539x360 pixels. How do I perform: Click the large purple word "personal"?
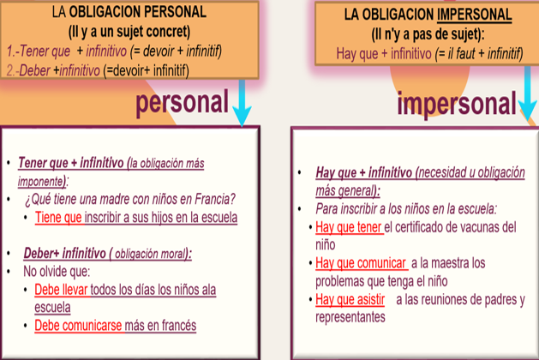(x=182, y=103)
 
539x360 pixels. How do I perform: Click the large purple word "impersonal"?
(x=457, y=104)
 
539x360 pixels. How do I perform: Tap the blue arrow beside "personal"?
(x=242, y=103)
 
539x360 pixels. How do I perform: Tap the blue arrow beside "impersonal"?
(x=528, y=94)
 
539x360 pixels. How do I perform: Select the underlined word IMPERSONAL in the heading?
(x=475, y=15)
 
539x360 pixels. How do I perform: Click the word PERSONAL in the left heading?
(x=175, y=12)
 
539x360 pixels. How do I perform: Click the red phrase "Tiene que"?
(x=58, y=218)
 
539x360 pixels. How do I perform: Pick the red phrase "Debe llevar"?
(x=61, y=290)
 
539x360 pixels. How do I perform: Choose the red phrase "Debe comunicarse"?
(x=78, y=325)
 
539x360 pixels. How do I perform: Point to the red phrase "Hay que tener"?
(x=349, y=227)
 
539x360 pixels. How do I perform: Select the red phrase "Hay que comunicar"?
(x=361, y=263)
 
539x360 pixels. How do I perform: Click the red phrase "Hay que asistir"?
(x=350, y=299)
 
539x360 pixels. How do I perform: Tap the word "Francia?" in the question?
(x=215, y=199)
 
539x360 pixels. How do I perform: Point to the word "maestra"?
(x=449, y=263)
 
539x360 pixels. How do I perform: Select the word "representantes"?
(x=350, y=317)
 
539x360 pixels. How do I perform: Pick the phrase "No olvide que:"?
(x=57, y=272)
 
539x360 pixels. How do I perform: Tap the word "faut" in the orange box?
(x=465, y=53)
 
